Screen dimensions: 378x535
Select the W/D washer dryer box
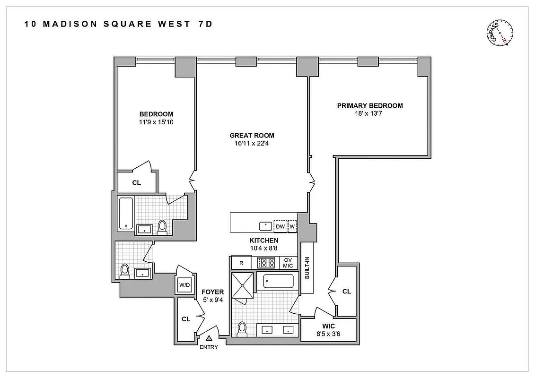184,285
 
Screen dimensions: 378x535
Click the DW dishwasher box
281,226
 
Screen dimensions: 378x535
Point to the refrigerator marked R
241,263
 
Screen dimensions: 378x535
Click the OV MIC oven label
288,263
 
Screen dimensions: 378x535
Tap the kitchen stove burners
265,263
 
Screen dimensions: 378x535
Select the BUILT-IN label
307,268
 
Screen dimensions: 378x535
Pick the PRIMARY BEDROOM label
370,105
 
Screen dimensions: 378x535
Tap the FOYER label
213,292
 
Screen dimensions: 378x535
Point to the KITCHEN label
264,241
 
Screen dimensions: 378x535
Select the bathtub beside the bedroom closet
126,213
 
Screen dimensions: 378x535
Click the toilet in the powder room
125,271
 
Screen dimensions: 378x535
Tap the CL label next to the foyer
186,319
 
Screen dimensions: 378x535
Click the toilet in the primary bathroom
243,328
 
